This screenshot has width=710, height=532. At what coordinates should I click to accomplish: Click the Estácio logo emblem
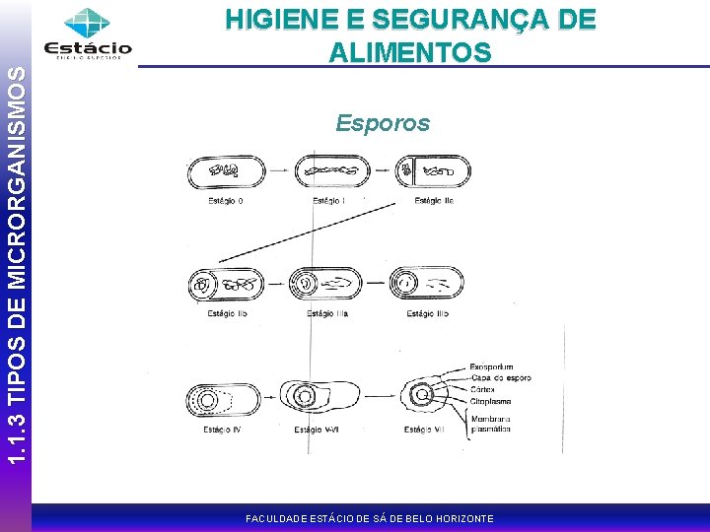click(87, 24)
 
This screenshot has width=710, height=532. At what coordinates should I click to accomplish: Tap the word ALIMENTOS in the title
click(411, 52)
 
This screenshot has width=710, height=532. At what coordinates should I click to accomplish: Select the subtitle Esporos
click(383, 123)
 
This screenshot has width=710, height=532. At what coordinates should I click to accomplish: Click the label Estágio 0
click(226, 201)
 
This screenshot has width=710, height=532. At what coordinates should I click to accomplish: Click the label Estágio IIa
click(434, 201)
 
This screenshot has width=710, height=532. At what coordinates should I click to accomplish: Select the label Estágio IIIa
click(328, 313)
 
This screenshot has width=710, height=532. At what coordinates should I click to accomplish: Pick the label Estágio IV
click(222, 429)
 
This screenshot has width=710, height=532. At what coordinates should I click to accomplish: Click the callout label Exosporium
click(491, 366)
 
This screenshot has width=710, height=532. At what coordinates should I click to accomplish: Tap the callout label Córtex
click(482, 390)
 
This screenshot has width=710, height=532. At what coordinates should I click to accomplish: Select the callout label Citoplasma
click(490, 401)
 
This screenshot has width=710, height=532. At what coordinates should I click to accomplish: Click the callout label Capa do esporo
click(500, 378)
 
